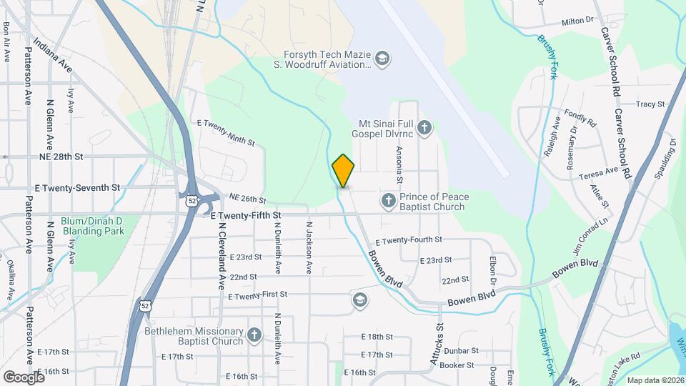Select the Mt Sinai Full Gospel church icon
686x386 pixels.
(x=424, y=129)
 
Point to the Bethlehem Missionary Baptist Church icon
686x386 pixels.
(x=254, y=335)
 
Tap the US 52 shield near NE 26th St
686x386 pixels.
(x=192, y=201)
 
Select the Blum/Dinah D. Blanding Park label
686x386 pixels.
(x=93, y=226)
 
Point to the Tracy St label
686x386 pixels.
(x=650, y=104)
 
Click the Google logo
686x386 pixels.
(x=24, y=377)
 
